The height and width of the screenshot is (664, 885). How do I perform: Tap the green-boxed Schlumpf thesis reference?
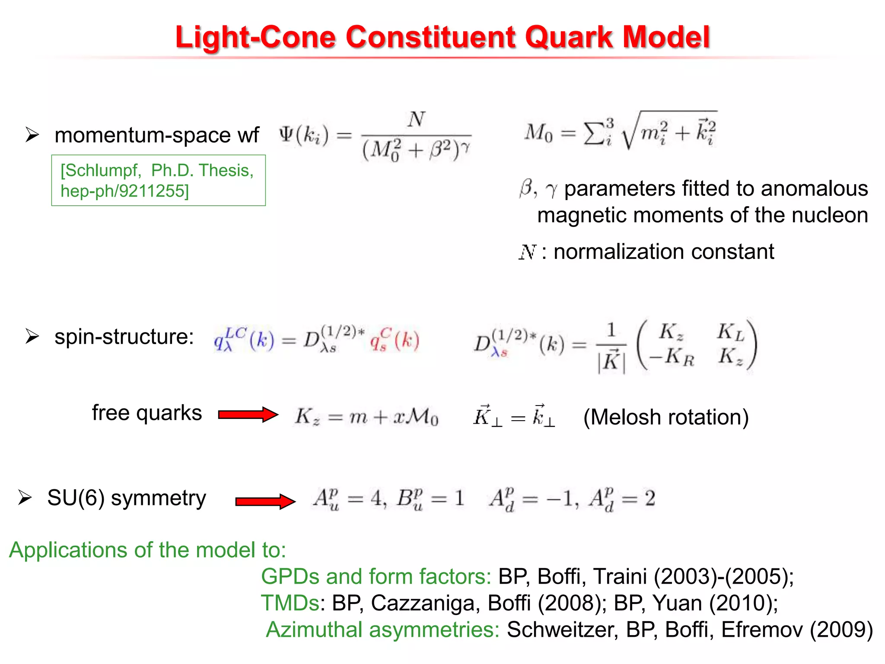click(158, 180)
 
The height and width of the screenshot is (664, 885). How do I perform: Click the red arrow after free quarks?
click(248, 415)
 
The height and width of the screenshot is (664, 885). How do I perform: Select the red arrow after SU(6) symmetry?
click(265, 501)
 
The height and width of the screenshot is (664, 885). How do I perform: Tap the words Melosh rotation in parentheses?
click(666, 417)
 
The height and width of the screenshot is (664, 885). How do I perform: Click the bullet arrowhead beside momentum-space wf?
click(32, 135)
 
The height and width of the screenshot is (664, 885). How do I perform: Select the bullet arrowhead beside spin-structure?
click(32, 336)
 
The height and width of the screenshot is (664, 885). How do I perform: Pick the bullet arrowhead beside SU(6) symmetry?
click(25, 498)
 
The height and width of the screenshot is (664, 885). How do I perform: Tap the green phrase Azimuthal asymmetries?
click(382, 629)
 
